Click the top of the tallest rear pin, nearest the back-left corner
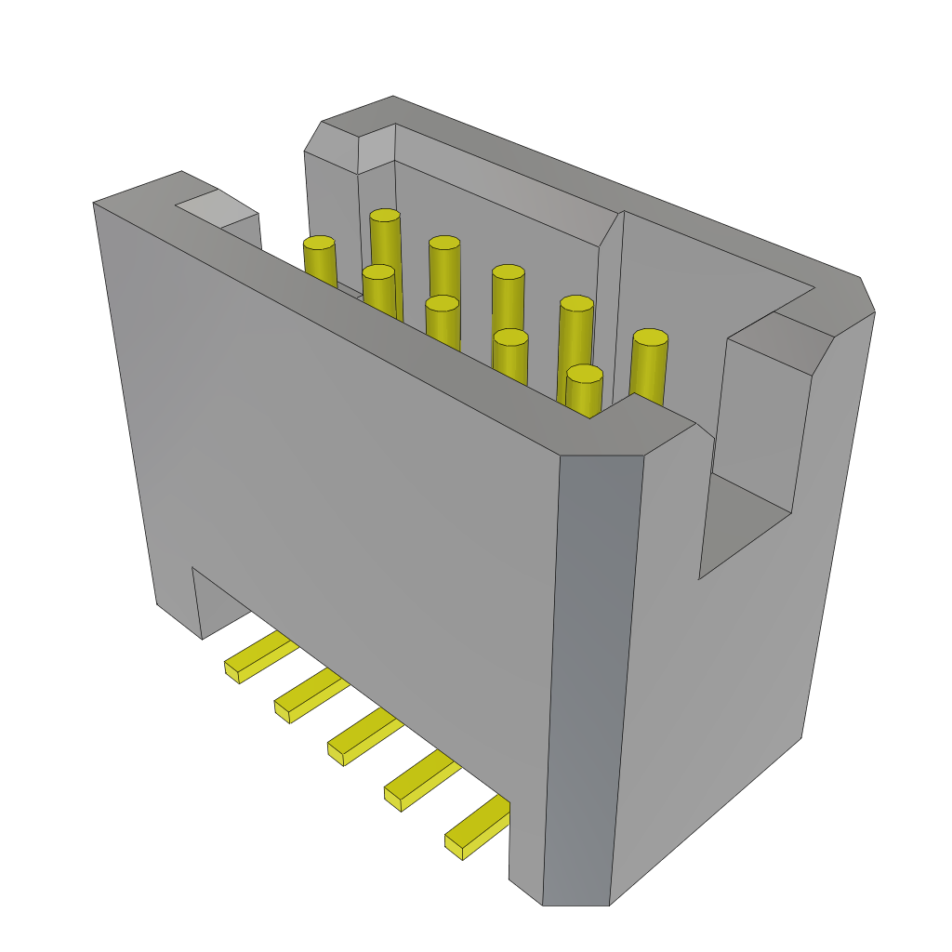[x=384, y=216]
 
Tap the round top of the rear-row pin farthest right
[x=650, y=337]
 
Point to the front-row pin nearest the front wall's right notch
[x=584, y=374]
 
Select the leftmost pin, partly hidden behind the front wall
[x=319, y=244]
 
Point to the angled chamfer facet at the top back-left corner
[x=331, y=149]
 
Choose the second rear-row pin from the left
[x=444, y=244]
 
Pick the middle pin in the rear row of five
[x=508, y=272]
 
